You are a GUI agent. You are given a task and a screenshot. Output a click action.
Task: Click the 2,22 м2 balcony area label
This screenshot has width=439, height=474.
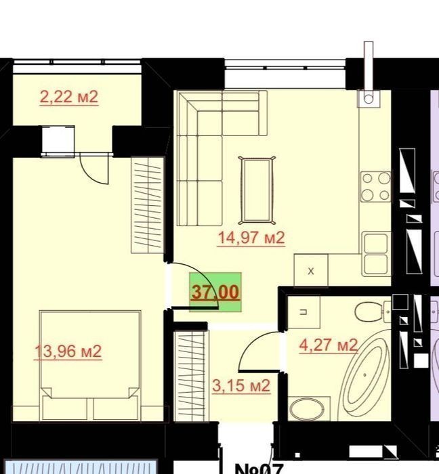[x=69, y=98]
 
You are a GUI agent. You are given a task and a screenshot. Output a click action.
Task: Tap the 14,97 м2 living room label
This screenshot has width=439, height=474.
[x=251, y=238]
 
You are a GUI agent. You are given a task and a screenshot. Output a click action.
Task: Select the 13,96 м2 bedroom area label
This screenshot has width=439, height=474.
[x=68, y=351]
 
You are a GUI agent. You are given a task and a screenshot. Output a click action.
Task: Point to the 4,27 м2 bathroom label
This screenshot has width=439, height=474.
[x=329, y=345]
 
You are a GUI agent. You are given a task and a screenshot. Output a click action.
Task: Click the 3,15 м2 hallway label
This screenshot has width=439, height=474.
[x=241, y=386]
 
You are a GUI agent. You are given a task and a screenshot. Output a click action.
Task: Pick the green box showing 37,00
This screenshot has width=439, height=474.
[x=215, y=292]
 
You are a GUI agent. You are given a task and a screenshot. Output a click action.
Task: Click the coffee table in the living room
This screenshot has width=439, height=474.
[x=257, y=190]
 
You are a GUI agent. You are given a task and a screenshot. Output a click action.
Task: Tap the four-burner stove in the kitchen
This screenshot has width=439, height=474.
[x=376, y=187]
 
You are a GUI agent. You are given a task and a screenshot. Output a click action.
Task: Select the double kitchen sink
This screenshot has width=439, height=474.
[x=377, y=254]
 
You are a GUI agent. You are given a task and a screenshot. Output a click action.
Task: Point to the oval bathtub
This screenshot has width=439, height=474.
[x=364, y=375]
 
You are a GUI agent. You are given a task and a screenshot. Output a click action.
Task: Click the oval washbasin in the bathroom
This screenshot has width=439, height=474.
[x=307, y=409]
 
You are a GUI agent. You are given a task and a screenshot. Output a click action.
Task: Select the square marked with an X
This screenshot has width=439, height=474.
[x=311, y=270]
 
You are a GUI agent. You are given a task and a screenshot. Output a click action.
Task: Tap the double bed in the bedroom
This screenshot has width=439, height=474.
[x=90, y=365]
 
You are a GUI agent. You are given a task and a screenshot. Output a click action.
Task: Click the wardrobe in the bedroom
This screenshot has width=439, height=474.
[x=148, y=206]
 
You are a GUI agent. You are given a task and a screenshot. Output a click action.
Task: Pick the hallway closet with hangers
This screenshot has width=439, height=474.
[x=191, y=375]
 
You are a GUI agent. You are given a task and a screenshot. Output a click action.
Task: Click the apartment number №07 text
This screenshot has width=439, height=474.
[x=259, y=469]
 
